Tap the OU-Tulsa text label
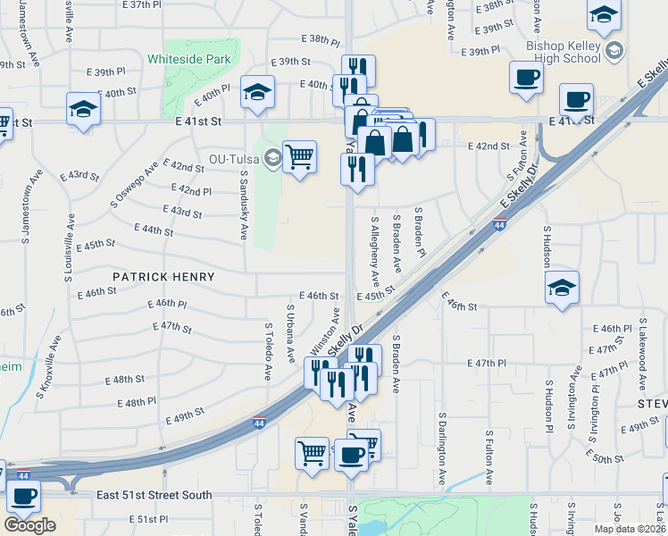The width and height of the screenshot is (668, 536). click(234, 159)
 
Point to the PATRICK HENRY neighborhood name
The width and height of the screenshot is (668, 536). click(163, 277)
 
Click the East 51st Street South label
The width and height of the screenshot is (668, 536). click(154, 495)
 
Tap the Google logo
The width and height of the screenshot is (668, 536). click(29, 525)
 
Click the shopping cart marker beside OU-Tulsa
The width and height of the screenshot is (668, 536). click(300, 157)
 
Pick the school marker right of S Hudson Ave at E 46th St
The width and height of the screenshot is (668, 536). click(561, 288)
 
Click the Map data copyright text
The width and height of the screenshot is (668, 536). click(630, 527)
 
